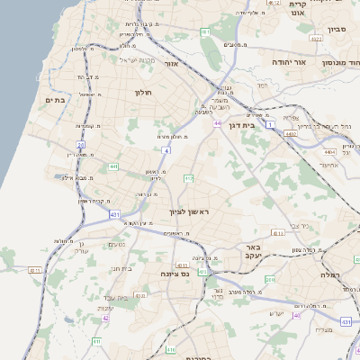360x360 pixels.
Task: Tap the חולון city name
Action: tap(145, 93)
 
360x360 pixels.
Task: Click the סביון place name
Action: tap(337, 30)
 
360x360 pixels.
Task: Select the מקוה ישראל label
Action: tap(138, 60)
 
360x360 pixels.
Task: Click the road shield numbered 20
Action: tap(80, 144)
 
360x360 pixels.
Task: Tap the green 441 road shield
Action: tap(113, 166)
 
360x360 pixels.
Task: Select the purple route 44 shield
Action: tap(218, 123)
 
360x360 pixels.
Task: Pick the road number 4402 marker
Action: tap(290, 133)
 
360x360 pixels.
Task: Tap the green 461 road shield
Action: tap(205, 32)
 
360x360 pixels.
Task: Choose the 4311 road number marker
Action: tap(183, 265)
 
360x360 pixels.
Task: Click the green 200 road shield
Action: tap(271, 280)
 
